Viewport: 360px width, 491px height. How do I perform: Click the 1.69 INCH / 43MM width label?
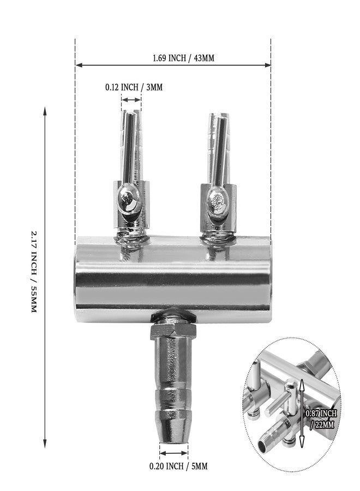[183, 58]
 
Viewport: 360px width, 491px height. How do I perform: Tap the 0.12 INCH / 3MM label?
[134, 87]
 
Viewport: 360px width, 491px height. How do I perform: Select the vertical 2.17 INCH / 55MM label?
[34, 271]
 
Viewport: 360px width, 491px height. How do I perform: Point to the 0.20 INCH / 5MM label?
[178, 466]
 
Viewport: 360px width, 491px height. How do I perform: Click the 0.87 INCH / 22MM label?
[321, 419]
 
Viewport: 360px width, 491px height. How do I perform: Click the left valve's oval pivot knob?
[127, 199]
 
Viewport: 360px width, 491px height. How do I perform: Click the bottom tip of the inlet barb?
[173, 442]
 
